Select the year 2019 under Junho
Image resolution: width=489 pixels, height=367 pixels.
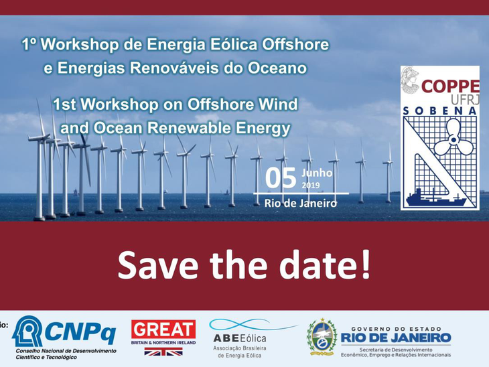(311, 185)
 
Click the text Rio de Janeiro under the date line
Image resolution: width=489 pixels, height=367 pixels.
(301, 203)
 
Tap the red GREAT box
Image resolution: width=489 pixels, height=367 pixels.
(163, 329)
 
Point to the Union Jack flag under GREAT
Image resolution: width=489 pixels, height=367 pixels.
(163, 352)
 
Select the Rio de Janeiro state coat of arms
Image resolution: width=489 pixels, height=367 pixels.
(322, 336)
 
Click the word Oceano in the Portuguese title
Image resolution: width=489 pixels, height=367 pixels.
(275, 68)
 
